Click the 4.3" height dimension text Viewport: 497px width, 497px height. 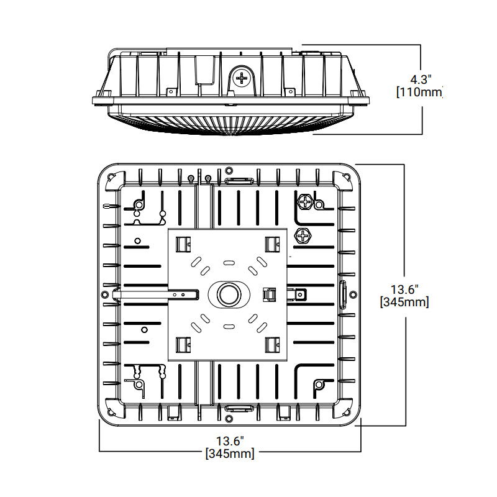[421, 80]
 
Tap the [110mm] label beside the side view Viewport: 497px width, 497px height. [419, 92]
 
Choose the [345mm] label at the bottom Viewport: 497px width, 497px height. [230, 454]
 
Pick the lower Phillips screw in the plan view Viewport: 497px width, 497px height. [303, 237]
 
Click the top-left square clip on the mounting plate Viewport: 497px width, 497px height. [183, 244]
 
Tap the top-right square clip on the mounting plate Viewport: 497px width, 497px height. [272, 244]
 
